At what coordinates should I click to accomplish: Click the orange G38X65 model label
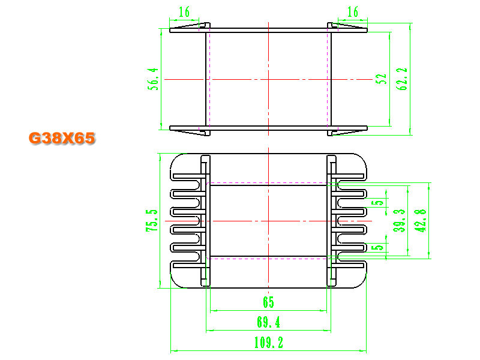click(x=62, y=138)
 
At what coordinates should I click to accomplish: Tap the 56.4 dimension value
click(x=153, y=79)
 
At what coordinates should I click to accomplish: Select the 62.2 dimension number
click(x=401, y=79)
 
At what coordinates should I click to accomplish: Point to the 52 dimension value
click(x=381, y=79)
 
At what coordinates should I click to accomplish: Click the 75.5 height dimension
click(x=152, y=220)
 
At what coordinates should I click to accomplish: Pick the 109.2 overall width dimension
click(x=269, y=343)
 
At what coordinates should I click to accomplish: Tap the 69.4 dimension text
click(x=268, y=322)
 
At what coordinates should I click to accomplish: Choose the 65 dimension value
click(x=268, y=302)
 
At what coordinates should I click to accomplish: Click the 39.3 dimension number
click(x=399, y=221)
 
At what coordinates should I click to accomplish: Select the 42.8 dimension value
click(x=420, y=221)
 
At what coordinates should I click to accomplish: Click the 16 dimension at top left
click(x=184, y=12)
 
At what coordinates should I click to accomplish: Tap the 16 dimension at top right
click(x=353, y=12)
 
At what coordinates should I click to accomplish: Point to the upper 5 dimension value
click(x=378, y=203)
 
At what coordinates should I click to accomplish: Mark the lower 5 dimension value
click(x=378, y=247)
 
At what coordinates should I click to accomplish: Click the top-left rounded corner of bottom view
click(x=176, y=159)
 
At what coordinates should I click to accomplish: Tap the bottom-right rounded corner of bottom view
click(x=361, y=283)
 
